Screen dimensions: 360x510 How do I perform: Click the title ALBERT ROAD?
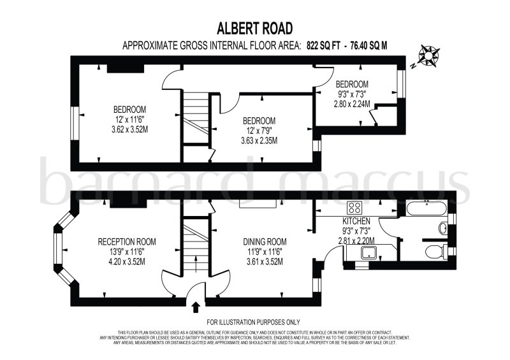[x=255, y=28]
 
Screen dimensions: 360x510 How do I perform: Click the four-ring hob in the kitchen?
[x=354, y=208]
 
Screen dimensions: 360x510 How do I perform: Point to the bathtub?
[x=426, y=208]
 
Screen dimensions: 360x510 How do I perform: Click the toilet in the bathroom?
[x=437, y=250]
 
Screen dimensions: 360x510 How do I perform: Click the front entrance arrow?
[x=195, y=308]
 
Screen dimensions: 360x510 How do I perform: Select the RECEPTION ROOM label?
[x=126, y=241]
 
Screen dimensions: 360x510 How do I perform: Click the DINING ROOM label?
[x=265, y=241]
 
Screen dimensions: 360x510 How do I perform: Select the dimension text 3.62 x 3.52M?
[x=130, y=127]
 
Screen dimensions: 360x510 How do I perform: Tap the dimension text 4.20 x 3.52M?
[x=126, y=261]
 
